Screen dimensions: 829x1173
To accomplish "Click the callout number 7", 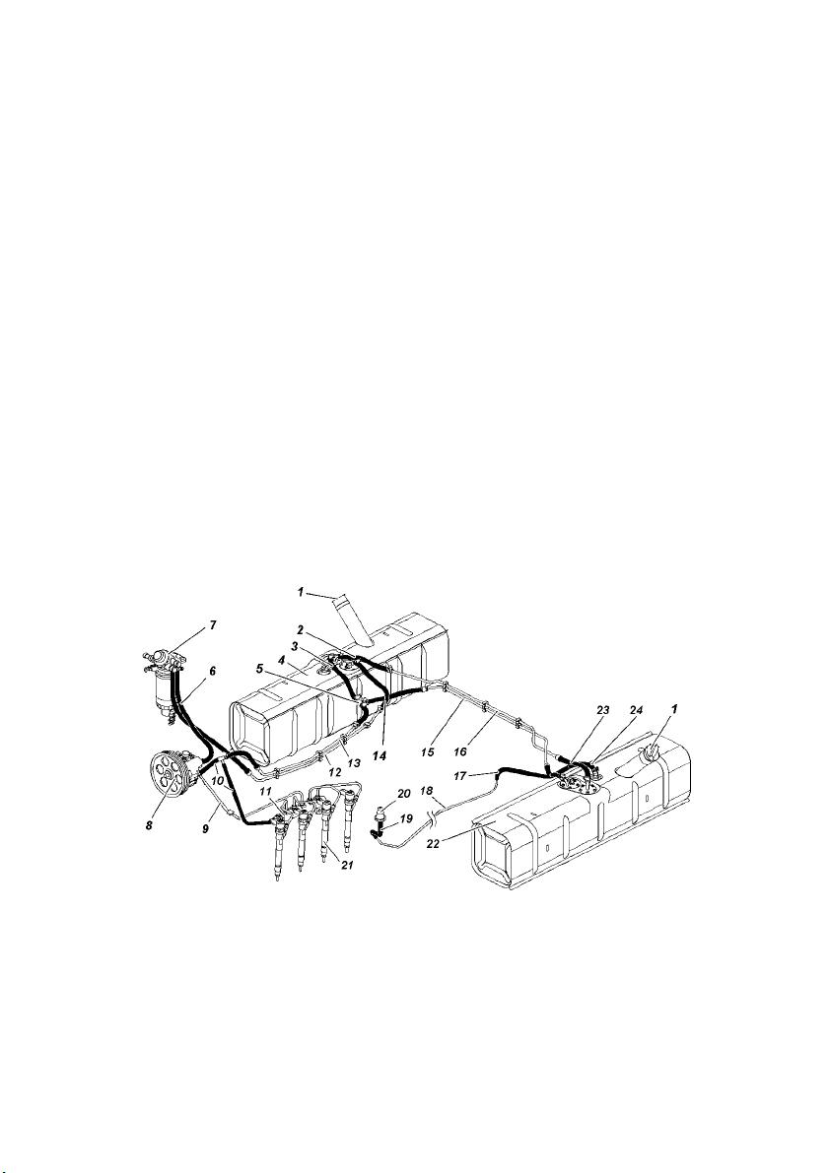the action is (214, 624).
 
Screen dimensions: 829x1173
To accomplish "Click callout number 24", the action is (639, 711).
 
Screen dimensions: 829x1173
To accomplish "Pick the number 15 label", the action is (428, 752).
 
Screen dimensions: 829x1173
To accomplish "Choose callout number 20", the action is (403, 793).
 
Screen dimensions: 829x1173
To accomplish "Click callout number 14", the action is (380, 755).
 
